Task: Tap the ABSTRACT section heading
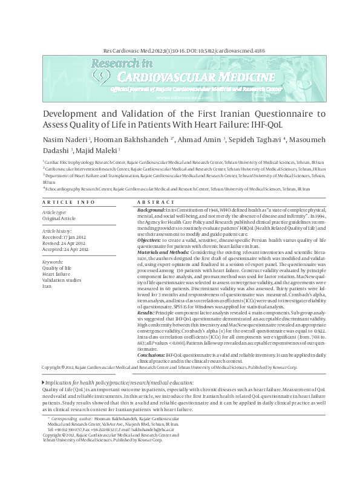pos(156,201)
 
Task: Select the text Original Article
pos(59,219)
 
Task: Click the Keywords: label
pos(53,262)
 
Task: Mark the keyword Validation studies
pos(62,280)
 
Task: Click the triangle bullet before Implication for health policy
pos(43,366)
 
